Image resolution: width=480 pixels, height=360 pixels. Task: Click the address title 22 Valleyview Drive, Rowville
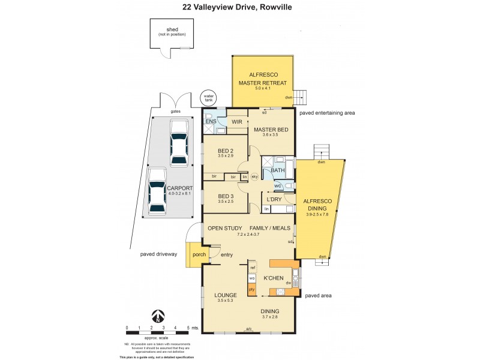(240, 8)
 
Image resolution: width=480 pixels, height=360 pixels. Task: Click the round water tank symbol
(208, 98)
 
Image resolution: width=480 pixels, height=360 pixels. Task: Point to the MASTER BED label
(271, 130)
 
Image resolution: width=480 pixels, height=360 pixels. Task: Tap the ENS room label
(211, 122)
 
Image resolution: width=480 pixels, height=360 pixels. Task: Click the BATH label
(278, 171)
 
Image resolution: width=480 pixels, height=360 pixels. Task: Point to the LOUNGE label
(226, 295)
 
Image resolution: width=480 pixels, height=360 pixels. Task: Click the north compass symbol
(157, 316)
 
